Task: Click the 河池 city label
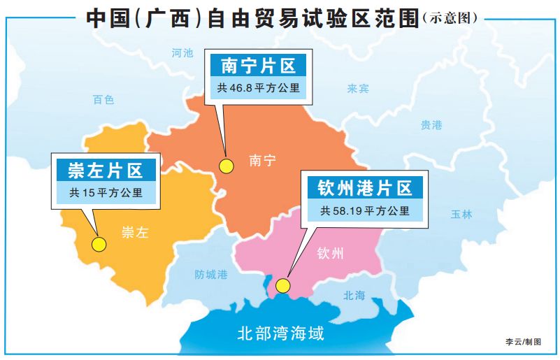182,53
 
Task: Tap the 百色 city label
103,100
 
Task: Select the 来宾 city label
358,89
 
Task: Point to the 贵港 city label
431,125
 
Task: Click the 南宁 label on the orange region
262,161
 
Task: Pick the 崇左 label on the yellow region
136,233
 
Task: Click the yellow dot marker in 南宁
226,166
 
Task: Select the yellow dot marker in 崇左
99,245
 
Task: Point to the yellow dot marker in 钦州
283,285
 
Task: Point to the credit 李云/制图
524,341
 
